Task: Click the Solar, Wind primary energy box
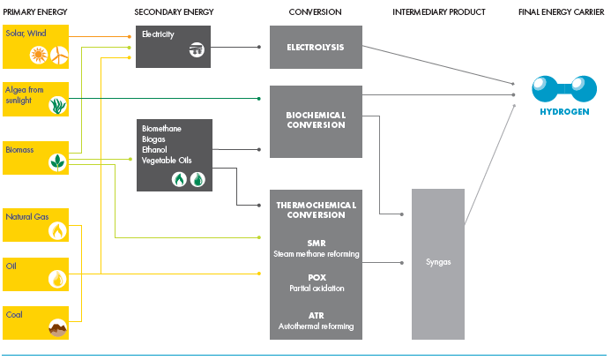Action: click(35, 47)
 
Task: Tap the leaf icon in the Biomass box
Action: click(57, 161)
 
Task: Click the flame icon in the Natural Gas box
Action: click(57, 230)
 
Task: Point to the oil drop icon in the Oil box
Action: click(57, 278)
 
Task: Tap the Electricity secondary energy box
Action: click(173, 47)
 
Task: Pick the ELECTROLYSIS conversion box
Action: click(315, 47)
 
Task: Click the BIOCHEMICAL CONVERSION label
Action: click(315, 120)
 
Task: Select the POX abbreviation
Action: click(315, 276)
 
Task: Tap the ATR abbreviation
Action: click(315, 314)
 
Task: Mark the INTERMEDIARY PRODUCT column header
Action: click(439, 11)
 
